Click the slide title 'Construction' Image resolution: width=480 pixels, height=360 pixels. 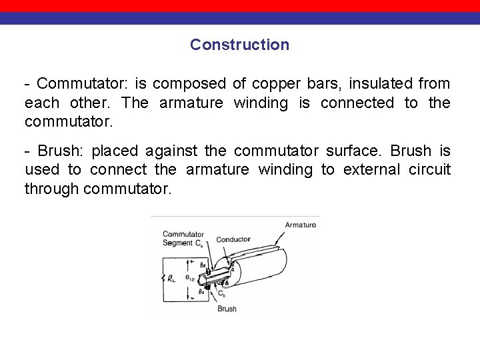[239, 45]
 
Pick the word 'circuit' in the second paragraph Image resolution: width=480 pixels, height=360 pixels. [429, 170]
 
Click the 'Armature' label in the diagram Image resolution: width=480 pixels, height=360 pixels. [301, 225]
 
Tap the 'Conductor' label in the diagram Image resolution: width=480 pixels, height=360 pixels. [233, 239]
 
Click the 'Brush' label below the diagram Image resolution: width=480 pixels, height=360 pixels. [227, 309]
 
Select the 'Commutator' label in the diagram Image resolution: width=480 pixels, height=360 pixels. [183, 234]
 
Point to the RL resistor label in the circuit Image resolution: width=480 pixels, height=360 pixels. [171, 278]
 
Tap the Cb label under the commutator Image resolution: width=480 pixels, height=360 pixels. [222, 293]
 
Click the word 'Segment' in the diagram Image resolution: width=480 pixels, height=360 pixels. [177, 242]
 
